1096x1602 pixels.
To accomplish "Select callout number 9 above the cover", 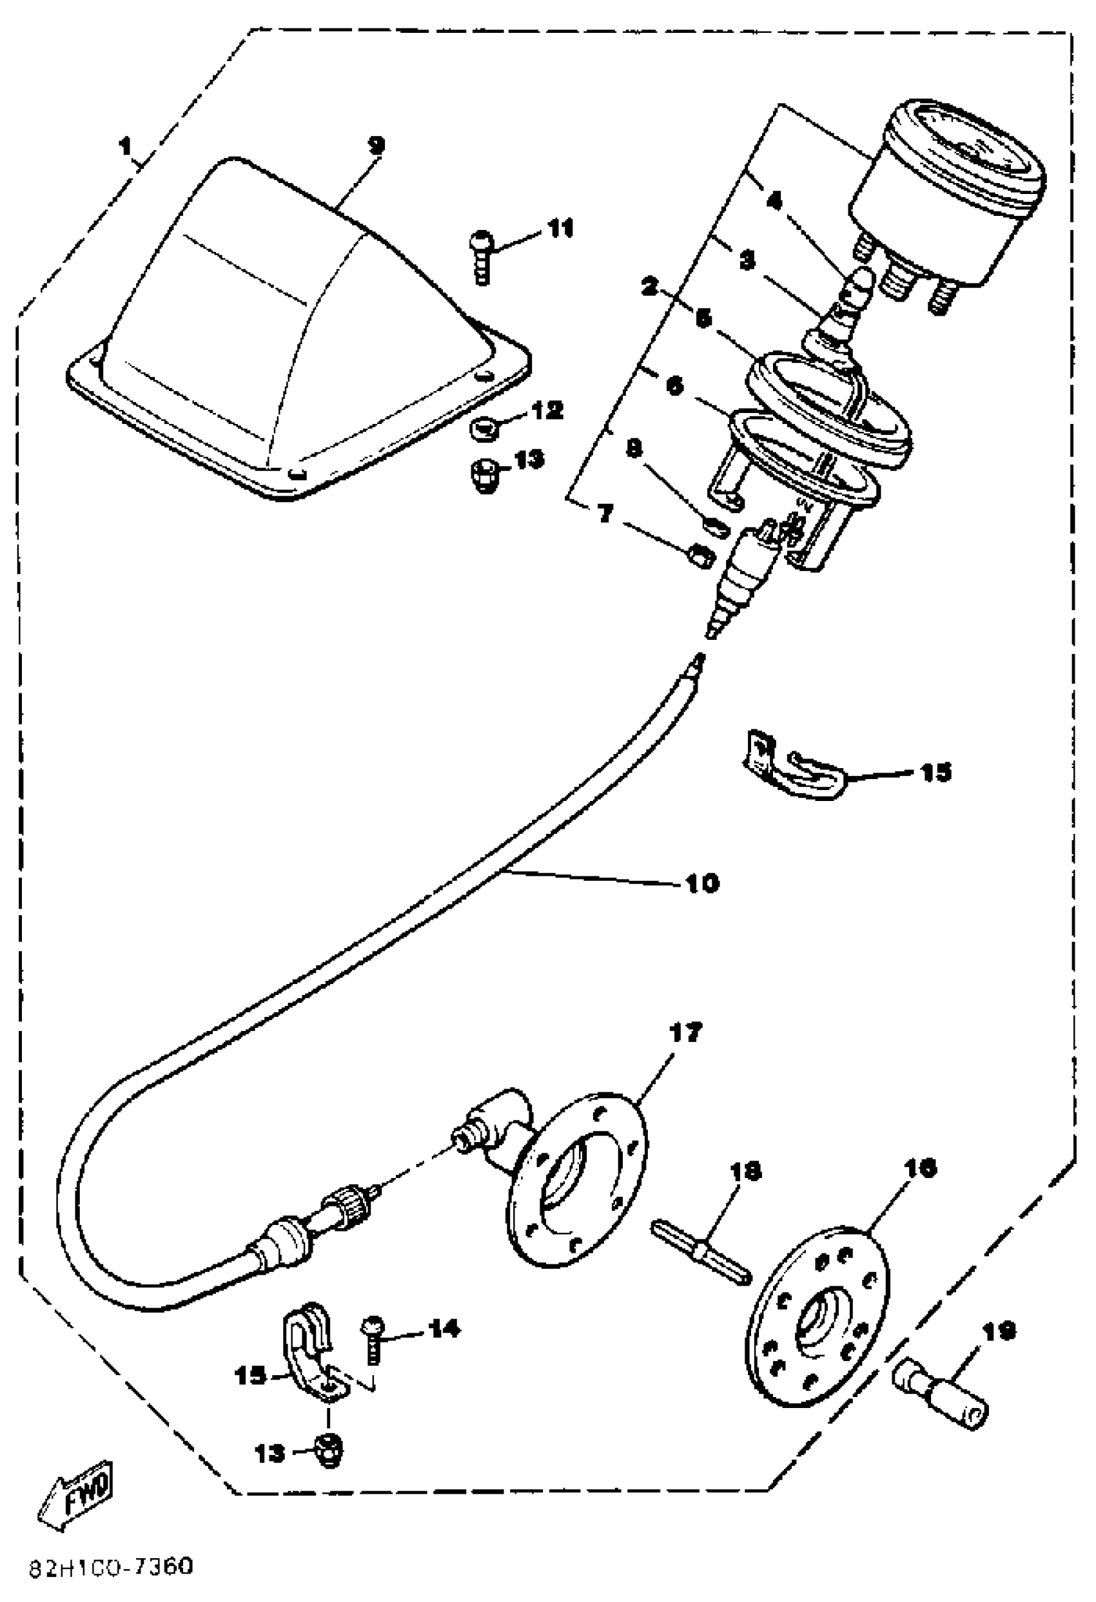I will [376, 146].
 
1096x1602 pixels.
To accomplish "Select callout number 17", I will [684, 1032].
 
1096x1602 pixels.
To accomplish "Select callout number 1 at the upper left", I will [125, 146].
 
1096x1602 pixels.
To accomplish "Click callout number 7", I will [605, 513].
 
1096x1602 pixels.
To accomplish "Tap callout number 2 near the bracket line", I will [649, 287].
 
